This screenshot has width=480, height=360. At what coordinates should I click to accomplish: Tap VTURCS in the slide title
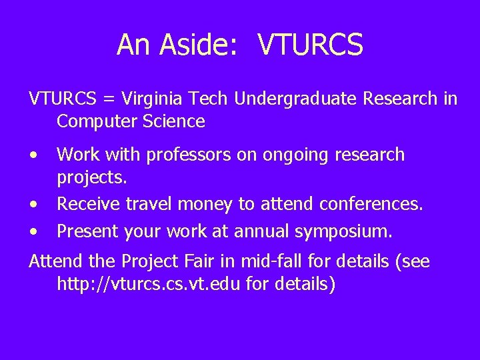pos(310,45)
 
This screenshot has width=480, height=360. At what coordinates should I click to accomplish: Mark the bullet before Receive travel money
pos(33,203)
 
